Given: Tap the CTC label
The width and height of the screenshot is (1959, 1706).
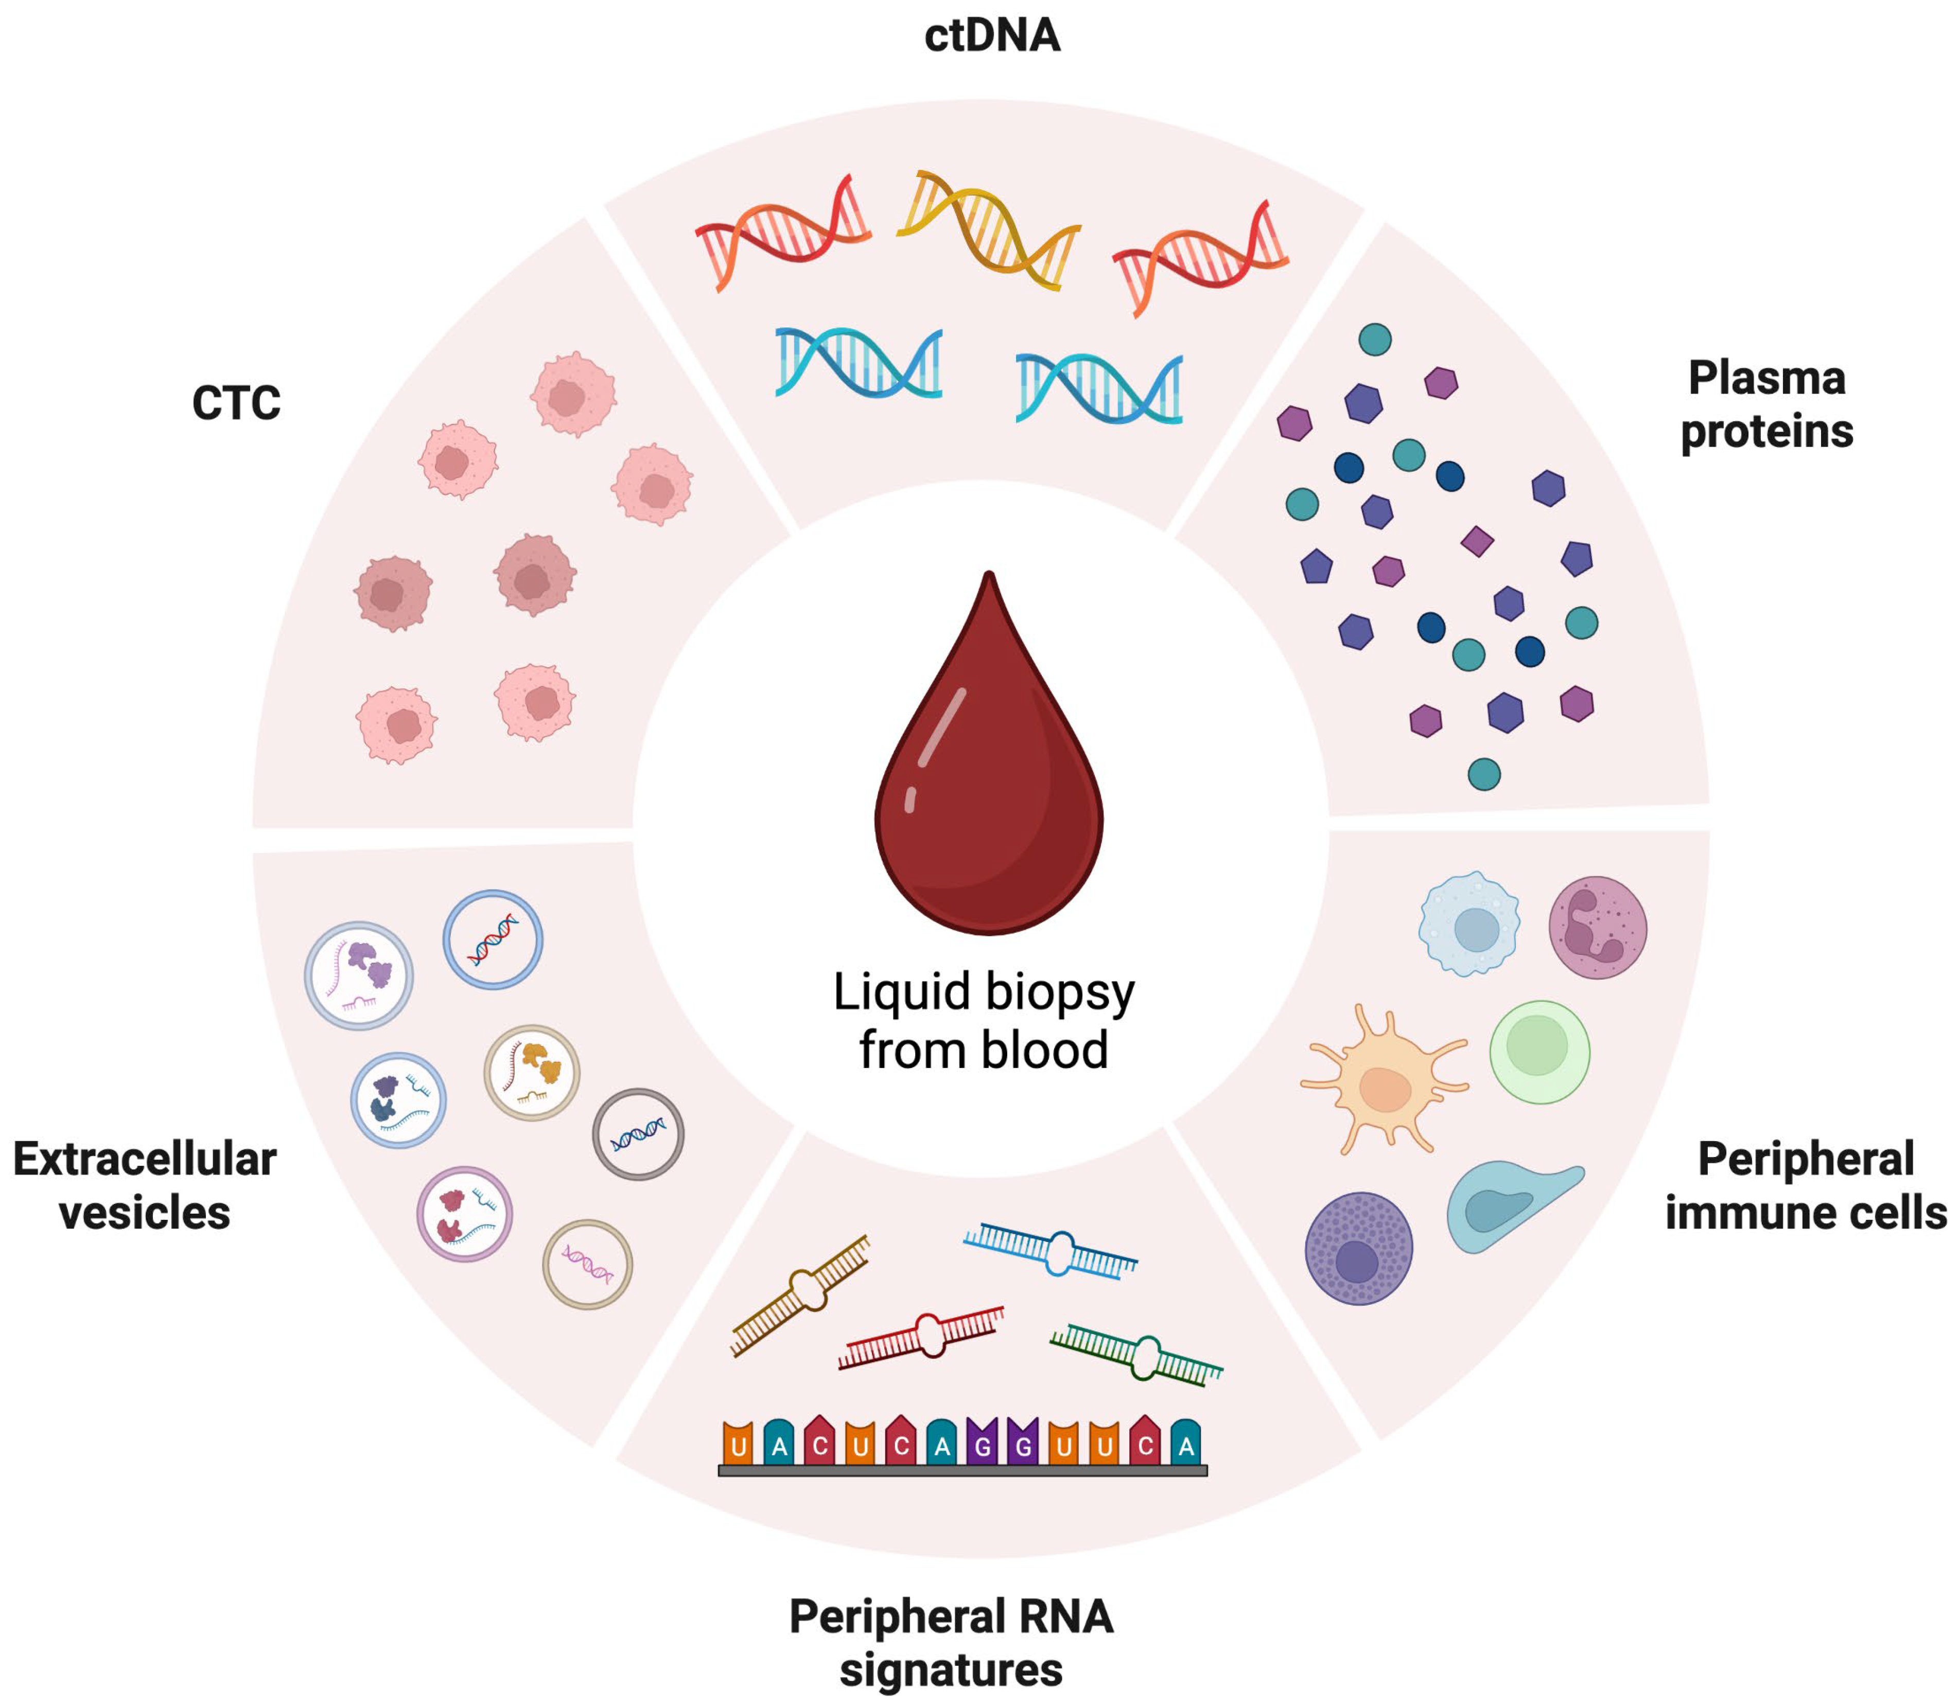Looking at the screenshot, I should point(236,403).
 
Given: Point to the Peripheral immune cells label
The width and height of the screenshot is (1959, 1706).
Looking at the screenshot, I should point(1805,1185).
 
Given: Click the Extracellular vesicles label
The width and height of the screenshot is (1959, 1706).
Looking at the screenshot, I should point(145,1185).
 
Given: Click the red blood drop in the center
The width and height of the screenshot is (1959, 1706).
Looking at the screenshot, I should point(989,780).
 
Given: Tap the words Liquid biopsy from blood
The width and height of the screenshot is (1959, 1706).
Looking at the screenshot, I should point(984,1021).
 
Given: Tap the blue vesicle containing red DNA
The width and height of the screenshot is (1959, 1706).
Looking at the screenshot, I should point(493,939).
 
